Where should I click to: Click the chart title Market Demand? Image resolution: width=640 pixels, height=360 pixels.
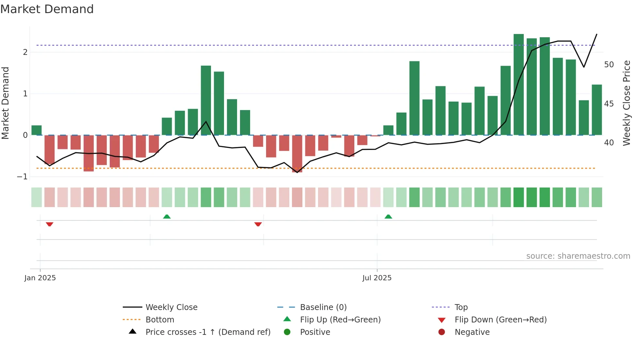[47, 9]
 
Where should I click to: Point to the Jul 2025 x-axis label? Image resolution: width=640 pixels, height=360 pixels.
[377, 278]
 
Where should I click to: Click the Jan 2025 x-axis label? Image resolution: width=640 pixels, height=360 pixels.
[40, 278]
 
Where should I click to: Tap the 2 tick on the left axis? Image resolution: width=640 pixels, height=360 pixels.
[25, 52]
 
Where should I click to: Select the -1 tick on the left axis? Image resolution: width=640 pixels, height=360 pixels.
[22, 177]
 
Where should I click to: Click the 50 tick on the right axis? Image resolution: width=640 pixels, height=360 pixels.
[609, 65]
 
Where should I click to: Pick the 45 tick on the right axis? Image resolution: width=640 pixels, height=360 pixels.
[609, 104]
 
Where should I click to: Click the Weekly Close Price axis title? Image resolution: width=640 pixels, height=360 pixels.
[626, 103]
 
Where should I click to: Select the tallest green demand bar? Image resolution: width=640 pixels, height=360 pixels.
[519, 84]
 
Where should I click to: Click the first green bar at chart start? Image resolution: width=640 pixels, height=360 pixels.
[37, 130]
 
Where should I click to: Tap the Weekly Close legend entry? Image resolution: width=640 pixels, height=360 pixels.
[171, 307]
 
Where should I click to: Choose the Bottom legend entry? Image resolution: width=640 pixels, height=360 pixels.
[160, 320]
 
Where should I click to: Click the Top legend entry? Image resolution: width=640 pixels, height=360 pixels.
[461, 307]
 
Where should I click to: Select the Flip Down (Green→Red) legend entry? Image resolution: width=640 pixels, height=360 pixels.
[500, 320]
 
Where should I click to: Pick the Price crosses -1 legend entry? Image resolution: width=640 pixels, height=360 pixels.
[208, 332]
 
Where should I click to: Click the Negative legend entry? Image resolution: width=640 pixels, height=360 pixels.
[472, 332]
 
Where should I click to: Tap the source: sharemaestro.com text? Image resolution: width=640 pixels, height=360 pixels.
[578, 256]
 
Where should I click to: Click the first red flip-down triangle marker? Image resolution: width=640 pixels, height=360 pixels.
[50, 224]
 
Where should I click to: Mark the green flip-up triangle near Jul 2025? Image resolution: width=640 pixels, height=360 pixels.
[388, 217]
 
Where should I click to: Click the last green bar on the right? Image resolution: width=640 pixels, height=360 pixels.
[597, 110]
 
